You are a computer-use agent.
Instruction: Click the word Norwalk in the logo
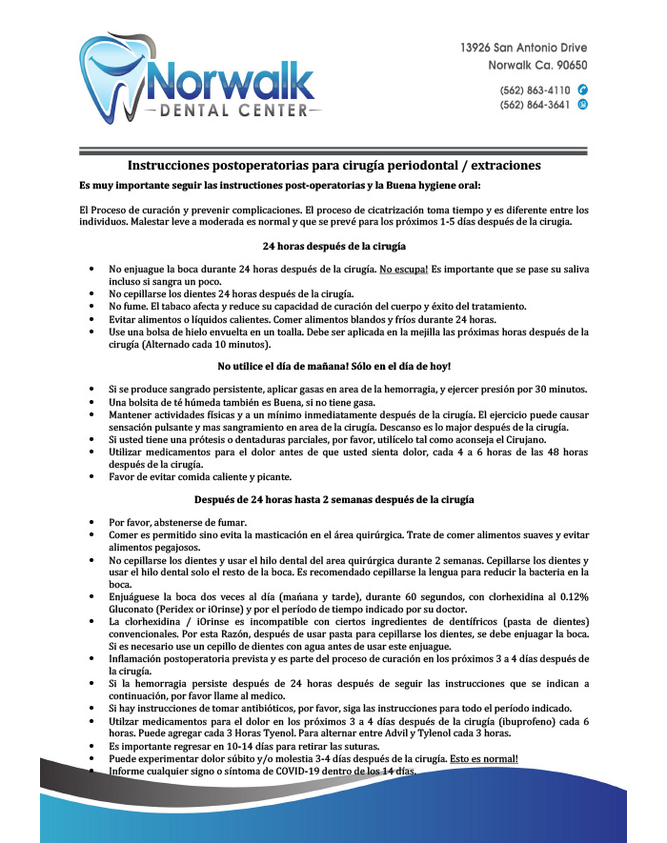point(234,82)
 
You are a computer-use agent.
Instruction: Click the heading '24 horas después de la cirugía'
point(333,247)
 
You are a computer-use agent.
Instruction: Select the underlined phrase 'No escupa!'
point(404,271)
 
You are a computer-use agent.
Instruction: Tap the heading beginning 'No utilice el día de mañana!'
point(333,367)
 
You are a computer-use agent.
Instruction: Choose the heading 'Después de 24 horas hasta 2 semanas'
point(333,499)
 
